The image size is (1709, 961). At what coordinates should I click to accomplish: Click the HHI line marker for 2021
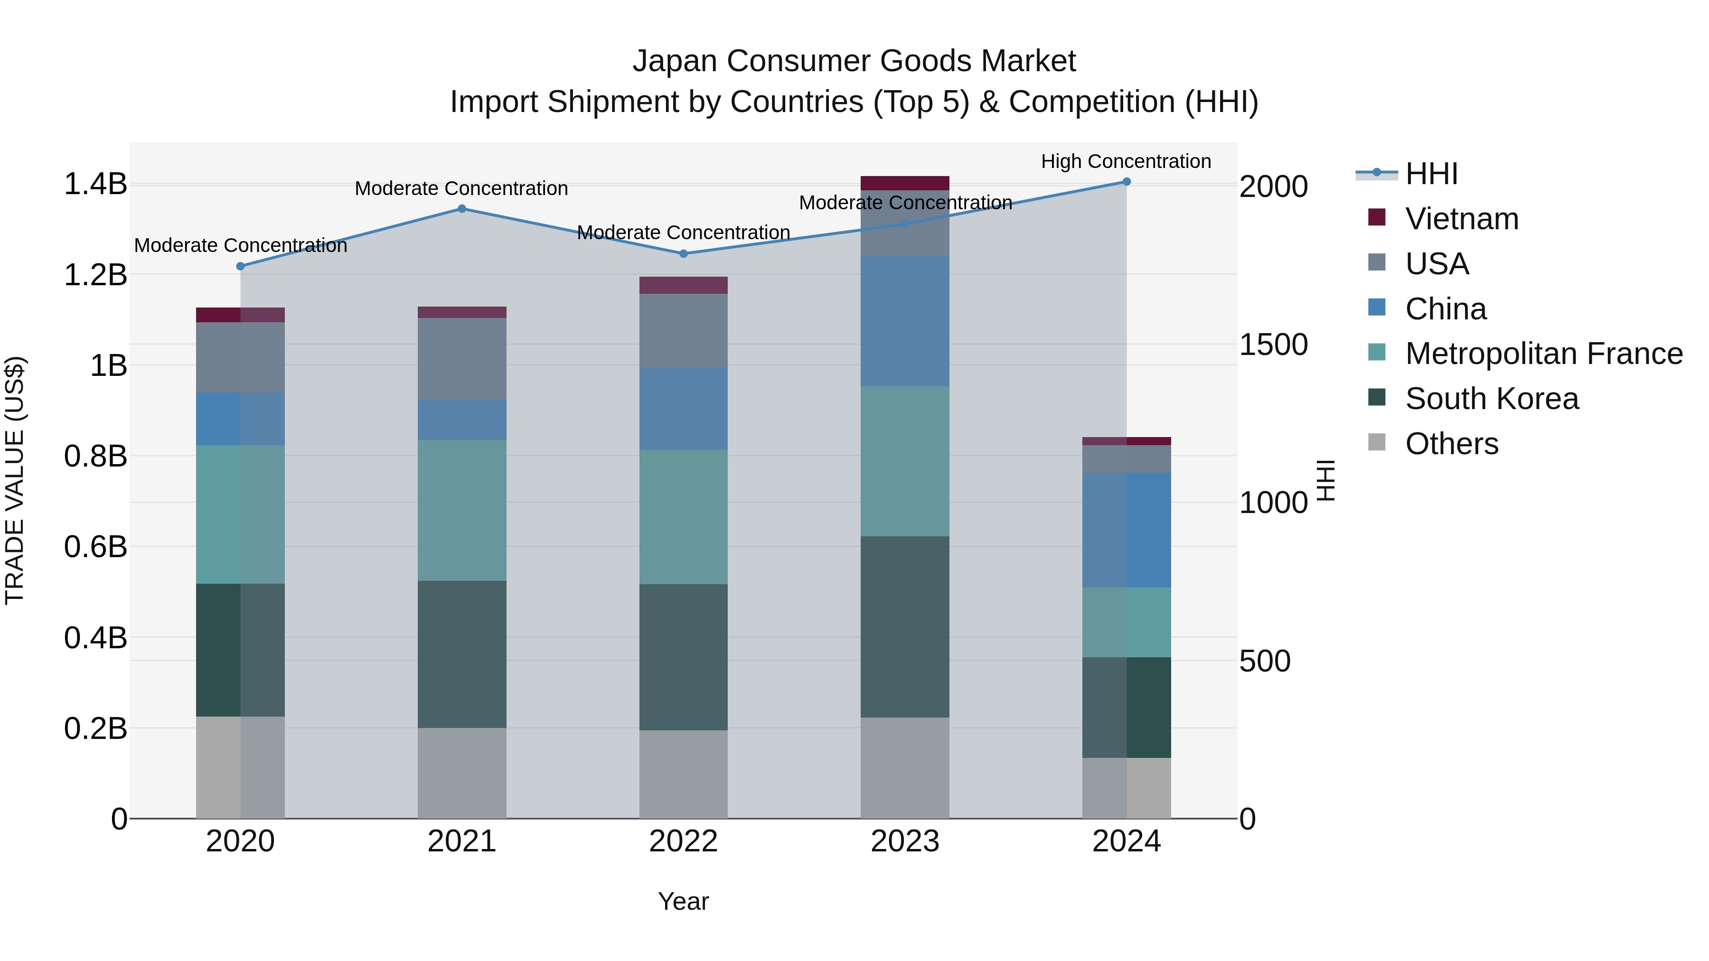[x=462, y=209]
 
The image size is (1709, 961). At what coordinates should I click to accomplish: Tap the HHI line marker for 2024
[x=1127, y=182]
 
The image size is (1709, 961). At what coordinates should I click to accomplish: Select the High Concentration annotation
[x=1126, y=161]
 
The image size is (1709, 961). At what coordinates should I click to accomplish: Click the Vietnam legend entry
[x=1462, y=219]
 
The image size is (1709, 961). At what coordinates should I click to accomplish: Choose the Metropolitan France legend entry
[x=1543, y=354]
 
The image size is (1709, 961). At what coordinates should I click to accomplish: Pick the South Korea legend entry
[x=1492, y=399]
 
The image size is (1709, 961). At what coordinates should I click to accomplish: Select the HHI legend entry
[x=1431, y=174]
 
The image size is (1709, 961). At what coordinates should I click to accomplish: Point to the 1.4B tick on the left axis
[x=95, y=185]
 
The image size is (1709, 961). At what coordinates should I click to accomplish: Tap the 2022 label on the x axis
[x=683, y=841]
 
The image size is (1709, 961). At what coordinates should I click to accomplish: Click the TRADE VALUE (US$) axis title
[x=15, y=480]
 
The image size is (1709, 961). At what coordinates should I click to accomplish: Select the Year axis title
[x=683, y=901]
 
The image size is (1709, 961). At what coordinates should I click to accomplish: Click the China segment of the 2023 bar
[x=905, y=322]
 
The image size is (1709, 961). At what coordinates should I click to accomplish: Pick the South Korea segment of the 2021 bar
[x=462, y=654]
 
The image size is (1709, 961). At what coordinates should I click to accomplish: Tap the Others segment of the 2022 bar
[x=683, y=774]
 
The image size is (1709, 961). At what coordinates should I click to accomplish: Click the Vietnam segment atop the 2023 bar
[x=905, y=183]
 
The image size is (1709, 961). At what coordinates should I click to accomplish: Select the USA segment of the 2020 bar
[x=240, y=357]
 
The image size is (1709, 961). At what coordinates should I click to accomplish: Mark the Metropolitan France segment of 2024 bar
[x=1127, y=622]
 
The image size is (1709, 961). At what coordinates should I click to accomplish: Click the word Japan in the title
[x=675, y=61]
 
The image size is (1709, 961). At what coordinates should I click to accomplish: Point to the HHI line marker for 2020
[x=240, y=266]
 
